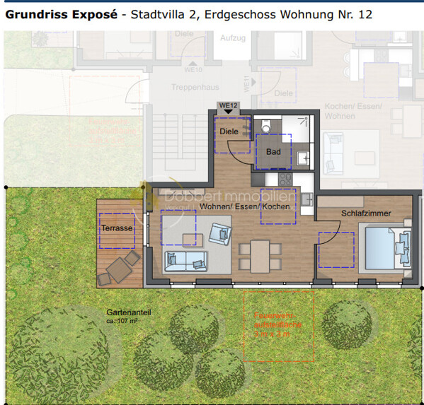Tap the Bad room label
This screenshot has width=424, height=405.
click(273, 152)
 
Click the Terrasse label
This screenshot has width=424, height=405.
click(117, 228)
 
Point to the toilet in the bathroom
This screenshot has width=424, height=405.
click(265, 127)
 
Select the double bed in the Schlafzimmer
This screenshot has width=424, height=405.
click(383, 247)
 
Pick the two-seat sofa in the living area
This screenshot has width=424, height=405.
click(185, 262)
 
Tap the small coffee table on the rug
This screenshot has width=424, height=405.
click(189, 237)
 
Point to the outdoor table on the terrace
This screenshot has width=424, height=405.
click(118, 268)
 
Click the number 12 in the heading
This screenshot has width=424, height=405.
click(364, 14)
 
